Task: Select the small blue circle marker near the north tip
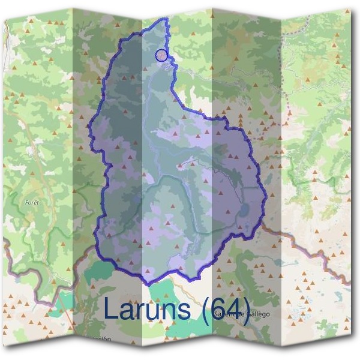tap(161, 55)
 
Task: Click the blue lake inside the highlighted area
tap(245, 209)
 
